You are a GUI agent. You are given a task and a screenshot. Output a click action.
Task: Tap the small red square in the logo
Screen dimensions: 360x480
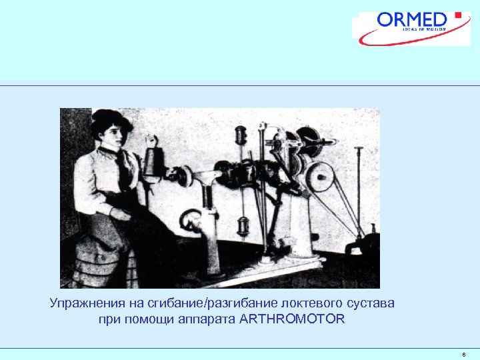click(x=457, y=14)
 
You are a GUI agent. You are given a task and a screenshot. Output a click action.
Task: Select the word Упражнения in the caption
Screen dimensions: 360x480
click(x=83, y=303)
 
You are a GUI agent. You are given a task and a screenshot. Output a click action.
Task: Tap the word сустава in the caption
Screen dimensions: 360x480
click(x=370, y=303)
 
